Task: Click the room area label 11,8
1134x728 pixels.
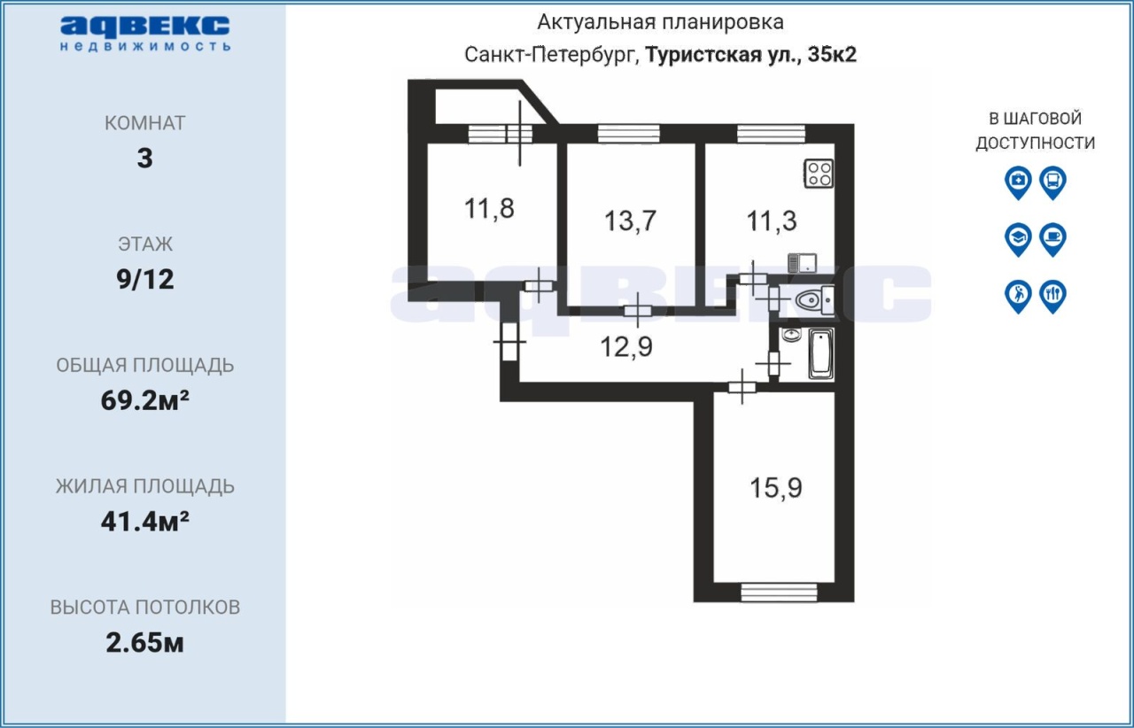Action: click(489, 209)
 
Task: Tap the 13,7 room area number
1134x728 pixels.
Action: click(630, 221)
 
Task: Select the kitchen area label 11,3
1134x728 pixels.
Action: click(772, 221)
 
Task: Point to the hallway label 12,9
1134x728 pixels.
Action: click(626, 347)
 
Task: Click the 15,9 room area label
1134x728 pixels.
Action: click(775, 488)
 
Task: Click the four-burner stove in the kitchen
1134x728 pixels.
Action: click(819, 174)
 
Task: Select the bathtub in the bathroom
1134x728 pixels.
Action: click(820, 354)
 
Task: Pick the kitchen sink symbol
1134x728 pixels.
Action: click(803, 263)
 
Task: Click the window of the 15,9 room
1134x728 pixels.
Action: click(779, 592)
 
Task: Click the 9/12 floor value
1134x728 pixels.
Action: click(145, 280)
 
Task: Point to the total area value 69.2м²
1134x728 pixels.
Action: click(145, 400)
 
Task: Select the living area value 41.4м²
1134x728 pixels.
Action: click(145, 522)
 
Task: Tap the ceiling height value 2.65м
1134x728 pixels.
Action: click(144, 643)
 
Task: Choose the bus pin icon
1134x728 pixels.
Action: click(1053, 182)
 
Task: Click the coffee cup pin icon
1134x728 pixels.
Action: click(1053, 239)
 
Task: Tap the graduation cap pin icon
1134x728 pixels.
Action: click(1018, 239)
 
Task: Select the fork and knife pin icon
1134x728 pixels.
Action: click(1053, 296)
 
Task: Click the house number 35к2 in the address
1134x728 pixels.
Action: click(832, 55)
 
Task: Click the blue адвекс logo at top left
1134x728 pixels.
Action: click(145, 34)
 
